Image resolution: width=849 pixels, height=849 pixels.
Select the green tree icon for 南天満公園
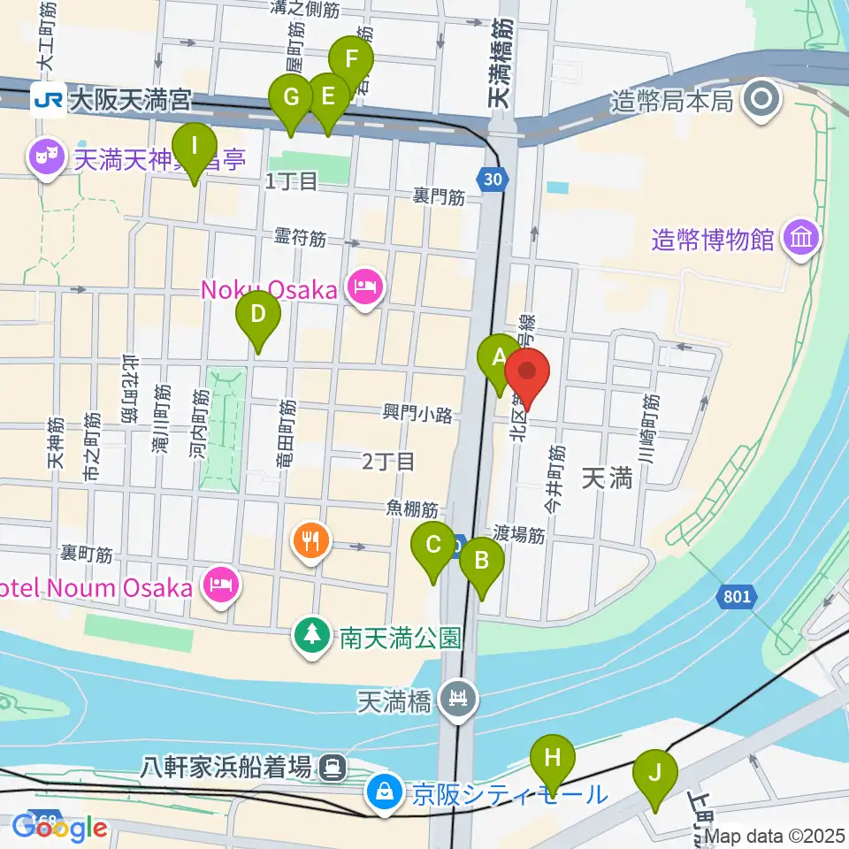click(311, 636)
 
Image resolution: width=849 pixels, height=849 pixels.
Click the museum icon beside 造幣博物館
click(801, 239)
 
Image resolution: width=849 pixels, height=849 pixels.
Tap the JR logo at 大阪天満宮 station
click(48, 99)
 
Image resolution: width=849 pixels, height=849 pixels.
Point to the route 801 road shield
click(734, 597)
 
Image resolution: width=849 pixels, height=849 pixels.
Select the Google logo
click(60, 828)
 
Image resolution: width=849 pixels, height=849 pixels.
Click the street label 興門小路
click(417, 413)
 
